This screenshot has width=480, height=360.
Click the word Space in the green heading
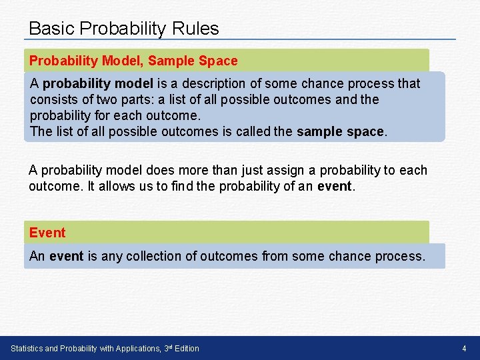point(218,61)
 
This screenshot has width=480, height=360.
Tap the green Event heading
point(47,233)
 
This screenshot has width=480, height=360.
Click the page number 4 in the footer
point(464,349)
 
